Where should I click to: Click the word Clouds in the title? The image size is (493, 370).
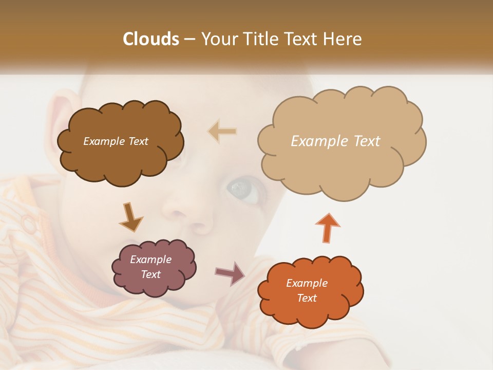[150, 39]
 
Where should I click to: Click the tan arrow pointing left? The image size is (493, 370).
[222, 132]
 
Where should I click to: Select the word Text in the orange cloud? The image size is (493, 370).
[307, 298]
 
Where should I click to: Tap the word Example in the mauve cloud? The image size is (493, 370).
[150, 260]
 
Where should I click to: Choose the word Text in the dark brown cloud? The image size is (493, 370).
[138, 141]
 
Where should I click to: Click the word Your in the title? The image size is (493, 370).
[218, 39]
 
